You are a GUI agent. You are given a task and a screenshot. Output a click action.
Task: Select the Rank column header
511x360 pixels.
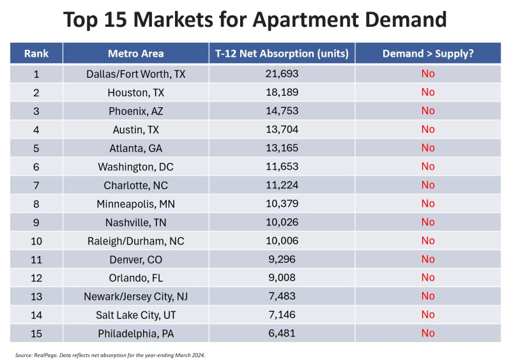[x=36, y=54]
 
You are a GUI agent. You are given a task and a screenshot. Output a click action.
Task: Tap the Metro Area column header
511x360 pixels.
[x=135, y=54]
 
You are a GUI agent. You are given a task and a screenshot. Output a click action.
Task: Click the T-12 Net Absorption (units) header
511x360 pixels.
[x=282, y=54]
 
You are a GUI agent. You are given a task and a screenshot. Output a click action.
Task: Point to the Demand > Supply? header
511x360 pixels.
[x=427, y=54]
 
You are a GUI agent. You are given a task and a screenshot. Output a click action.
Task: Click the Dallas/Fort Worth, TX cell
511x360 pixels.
[x=135, y=74]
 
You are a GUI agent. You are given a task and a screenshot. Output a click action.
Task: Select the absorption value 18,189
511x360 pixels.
[x=282, y=93]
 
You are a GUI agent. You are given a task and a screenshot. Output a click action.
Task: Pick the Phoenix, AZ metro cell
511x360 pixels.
[x=135, y=111]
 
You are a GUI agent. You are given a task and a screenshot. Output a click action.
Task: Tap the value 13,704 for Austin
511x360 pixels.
[x=282, y=130]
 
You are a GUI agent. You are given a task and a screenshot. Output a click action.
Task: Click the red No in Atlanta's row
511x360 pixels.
[x=427, y=148]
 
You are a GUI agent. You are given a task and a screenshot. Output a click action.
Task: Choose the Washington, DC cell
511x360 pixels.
[x=135, y=167]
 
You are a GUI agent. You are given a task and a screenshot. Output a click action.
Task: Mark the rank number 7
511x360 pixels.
[x=36, y=185]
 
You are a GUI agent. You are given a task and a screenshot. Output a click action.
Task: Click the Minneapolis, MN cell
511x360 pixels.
[x=135, y=204]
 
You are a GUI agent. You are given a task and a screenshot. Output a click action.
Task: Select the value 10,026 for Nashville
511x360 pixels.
[x=282, y=222]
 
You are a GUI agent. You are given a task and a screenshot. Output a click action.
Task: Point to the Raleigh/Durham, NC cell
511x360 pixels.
[x=135, y=241]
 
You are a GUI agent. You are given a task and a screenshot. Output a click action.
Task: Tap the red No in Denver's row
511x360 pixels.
[x=427, y=259]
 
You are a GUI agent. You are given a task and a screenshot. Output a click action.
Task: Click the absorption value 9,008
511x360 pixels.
[x=282, y=278]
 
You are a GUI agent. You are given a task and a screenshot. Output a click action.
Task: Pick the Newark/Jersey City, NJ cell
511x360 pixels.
[x=135, y=296]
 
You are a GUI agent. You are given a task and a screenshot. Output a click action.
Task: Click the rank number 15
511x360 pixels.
[x=36, y=333]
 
